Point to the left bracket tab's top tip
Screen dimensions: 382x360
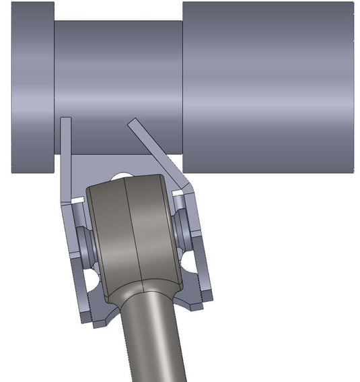point(65,120)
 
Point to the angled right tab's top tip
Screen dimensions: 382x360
point(132,122)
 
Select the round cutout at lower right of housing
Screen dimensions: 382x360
point(190,263)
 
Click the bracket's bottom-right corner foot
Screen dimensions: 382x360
point(199,303)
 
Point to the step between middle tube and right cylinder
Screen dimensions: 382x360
point(183,88)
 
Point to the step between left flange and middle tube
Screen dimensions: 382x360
point(55,88)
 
